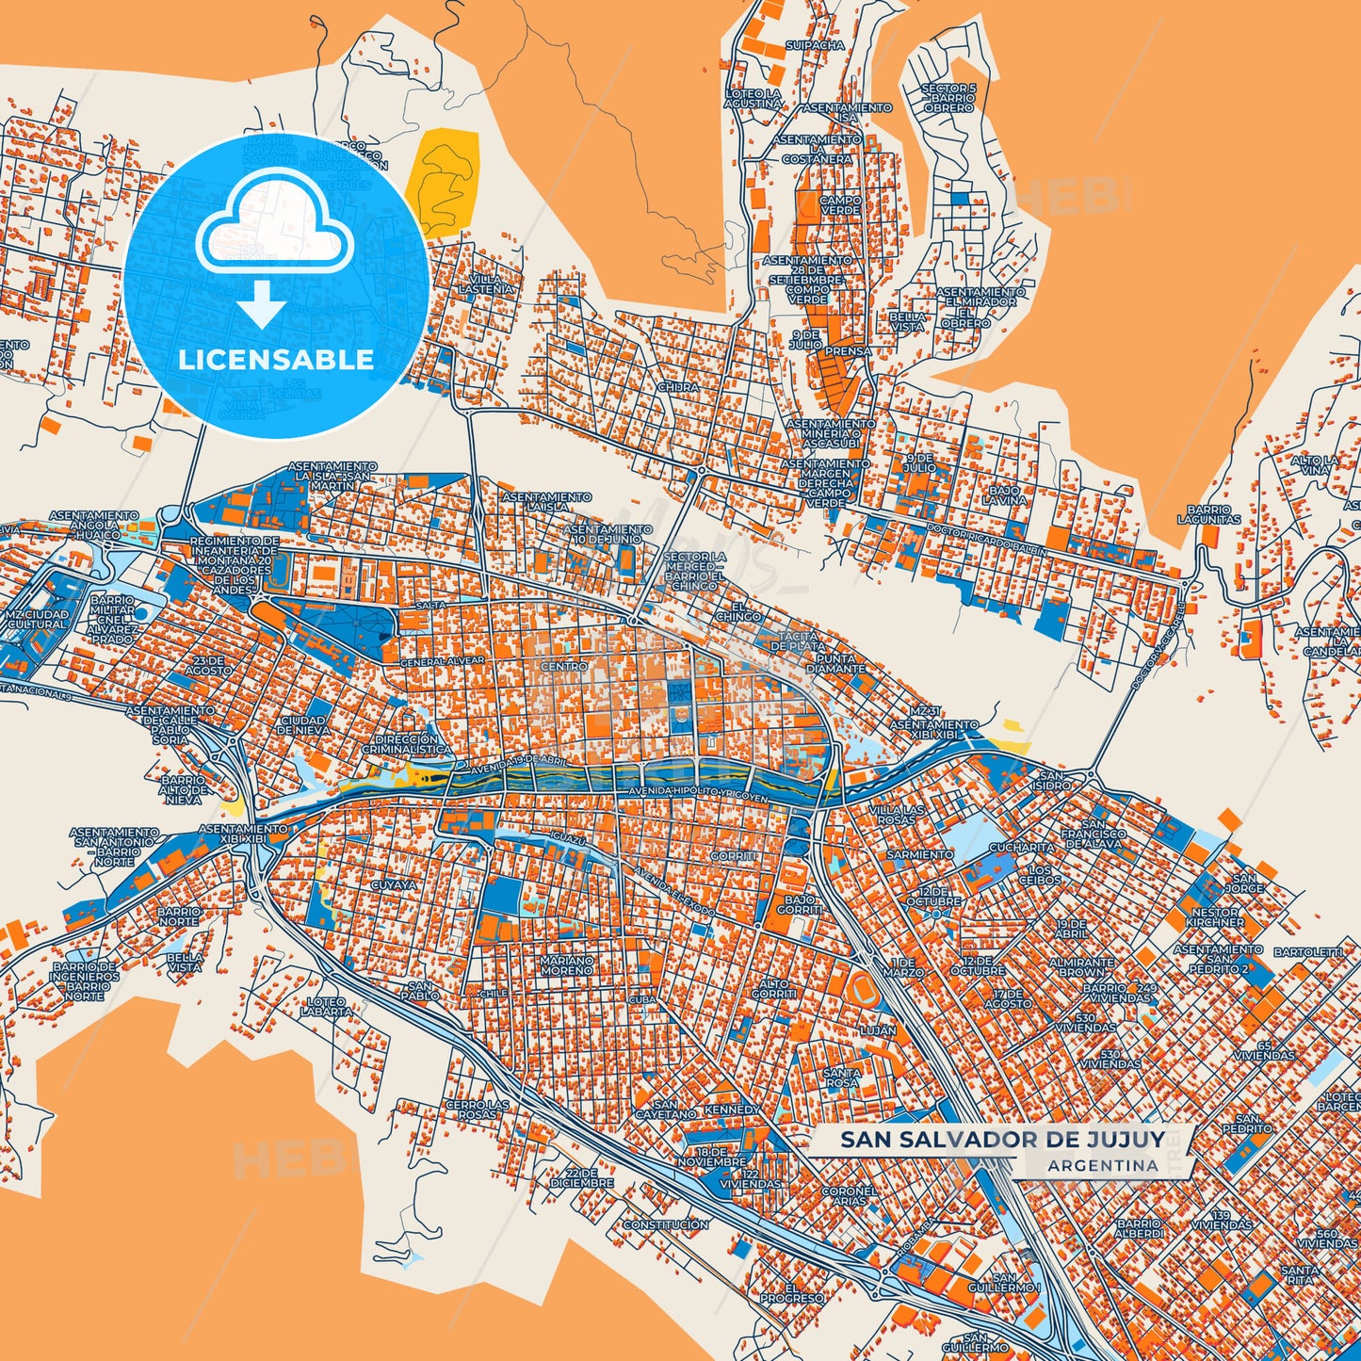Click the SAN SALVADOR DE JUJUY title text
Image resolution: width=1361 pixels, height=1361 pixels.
click(1002, 1139)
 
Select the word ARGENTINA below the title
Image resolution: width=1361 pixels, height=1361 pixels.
click(1102, 1165)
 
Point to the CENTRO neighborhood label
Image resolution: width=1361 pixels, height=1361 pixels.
click(563, 666)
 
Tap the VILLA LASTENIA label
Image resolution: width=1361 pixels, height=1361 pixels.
click(486, 284)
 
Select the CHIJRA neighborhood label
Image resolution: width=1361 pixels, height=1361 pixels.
click(678, 387)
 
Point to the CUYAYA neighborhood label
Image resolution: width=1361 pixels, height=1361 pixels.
click(393, 885)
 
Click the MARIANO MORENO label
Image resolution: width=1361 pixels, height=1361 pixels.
click(567, 964)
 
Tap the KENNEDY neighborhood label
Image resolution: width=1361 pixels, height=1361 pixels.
click(732, 1110)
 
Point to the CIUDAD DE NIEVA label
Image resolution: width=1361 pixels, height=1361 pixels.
click(303, 725)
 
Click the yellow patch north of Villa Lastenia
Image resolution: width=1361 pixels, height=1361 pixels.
click(444, 182)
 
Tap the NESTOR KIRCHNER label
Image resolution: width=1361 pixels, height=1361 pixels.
click(1215, 917)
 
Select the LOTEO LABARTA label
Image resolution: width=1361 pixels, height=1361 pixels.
click(326, 1007)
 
